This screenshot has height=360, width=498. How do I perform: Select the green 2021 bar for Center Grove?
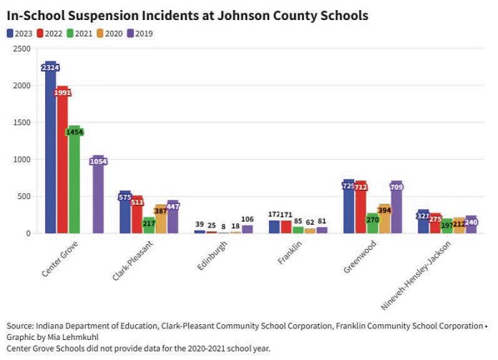[74, 186]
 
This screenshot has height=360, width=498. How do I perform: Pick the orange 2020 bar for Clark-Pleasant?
[161, 222]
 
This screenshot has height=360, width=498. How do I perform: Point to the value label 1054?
[98, 162]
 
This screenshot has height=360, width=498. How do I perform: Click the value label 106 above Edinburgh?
[248, 219]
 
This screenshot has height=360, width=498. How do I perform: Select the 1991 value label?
[62, 92]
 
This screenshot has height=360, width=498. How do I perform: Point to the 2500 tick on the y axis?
[21, 49]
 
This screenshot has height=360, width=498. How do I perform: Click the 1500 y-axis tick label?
[21, 122]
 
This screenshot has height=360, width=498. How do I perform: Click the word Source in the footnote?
[21, 326]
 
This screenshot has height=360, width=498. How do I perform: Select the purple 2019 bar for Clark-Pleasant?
[173, 218]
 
